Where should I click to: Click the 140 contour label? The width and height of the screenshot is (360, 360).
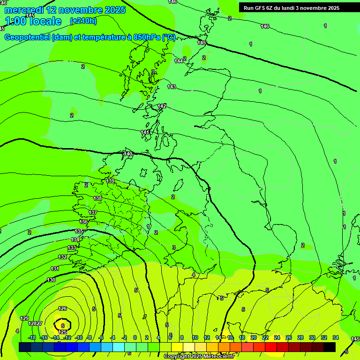pyautogui.click(x=128, y=154)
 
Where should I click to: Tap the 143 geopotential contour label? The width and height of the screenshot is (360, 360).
pyautogui.click(x=172, y=87)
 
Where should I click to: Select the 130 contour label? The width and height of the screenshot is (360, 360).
pyautogui.click(x=51, y=280)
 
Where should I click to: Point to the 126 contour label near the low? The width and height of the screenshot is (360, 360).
pyautogui.click(x=62, y=308)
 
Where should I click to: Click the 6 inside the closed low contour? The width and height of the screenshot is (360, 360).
pyautogui.click(x=63, y=325)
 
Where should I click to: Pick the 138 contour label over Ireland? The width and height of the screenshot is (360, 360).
pyautogui.click(x=97, y=198)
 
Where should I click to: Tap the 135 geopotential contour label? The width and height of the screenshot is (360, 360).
pyautogui.click(x=79, y=231)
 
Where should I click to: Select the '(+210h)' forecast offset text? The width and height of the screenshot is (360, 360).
pyautogui.click(x=83, y=21)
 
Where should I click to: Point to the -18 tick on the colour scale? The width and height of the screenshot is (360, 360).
pyautogui.click(x=31, y=337)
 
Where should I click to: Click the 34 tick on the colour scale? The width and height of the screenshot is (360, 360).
pyautogui.click(x=335, y=337)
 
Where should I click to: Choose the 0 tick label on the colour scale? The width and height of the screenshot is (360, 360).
pyautogui.click(x=135, y=337)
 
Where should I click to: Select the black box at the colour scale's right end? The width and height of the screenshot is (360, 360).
pyautogui.click(x=330, y=347)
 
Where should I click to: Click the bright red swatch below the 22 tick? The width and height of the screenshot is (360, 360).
pyautogui.click(x=270, y=347)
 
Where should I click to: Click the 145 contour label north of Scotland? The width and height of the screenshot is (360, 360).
pyautogui.click(x=202, y=43)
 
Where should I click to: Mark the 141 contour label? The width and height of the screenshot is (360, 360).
pyautogui.click(x=145, y=133)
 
